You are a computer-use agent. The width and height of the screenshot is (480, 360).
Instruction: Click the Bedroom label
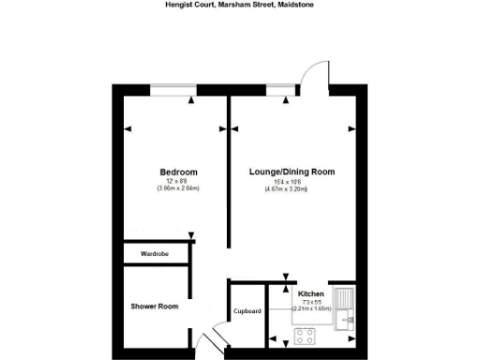(x=178, y=172)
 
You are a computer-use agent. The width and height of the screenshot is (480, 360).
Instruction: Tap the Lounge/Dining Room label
(x=292, y=172)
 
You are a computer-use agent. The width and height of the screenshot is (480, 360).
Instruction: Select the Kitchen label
(x=311, y=293)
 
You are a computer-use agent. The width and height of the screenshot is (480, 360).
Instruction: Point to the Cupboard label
(x=247, y=311)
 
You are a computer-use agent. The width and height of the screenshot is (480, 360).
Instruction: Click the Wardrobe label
(x=154, y=254)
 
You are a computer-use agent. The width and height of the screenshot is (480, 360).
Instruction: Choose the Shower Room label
(x=154, y=306)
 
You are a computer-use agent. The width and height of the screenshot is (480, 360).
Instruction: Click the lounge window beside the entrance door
(x=278, y=90)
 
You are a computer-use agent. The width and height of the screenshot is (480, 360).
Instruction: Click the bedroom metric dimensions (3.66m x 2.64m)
(x=178, y=188)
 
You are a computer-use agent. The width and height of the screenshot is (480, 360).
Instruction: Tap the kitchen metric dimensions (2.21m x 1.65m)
(x=311, y=307)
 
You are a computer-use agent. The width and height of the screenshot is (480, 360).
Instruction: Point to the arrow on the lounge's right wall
(x=352, y=127)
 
